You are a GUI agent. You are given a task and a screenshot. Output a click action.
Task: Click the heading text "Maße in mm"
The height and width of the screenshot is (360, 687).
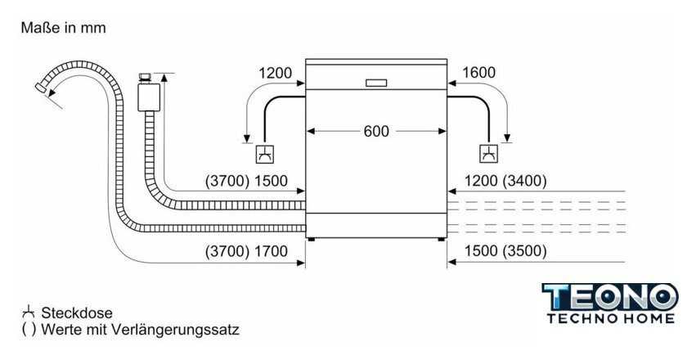64,28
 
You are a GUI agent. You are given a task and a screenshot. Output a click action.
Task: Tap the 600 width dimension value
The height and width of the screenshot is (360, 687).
376,131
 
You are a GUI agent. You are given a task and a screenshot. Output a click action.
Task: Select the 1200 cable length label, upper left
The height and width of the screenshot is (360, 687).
276,73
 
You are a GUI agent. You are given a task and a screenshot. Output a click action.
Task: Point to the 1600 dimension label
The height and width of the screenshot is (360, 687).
478,73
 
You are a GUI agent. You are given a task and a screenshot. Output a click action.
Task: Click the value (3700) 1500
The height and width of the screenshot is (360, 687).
246,182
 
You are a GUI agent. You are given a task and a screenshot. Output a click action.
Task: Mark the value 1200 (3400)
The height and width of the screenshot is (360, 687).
505,182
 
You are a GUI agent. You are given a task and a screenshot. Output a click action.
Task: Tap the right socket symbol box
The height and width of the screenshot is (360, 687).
489,153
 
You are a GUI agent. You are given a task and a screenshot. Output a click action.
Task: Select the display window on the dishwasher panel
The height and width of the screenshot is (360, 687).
376,82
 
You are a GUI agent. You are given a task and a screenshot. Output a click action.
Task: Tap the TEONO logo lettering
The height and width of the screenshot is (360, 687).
610,297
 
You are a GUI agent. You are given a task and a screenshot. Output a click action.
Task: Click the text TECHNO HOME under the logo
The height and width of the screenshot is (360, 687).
610,318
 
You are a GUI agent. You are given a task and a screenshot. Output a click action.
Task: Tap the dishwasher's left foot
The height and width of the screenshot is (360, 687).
312,239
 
